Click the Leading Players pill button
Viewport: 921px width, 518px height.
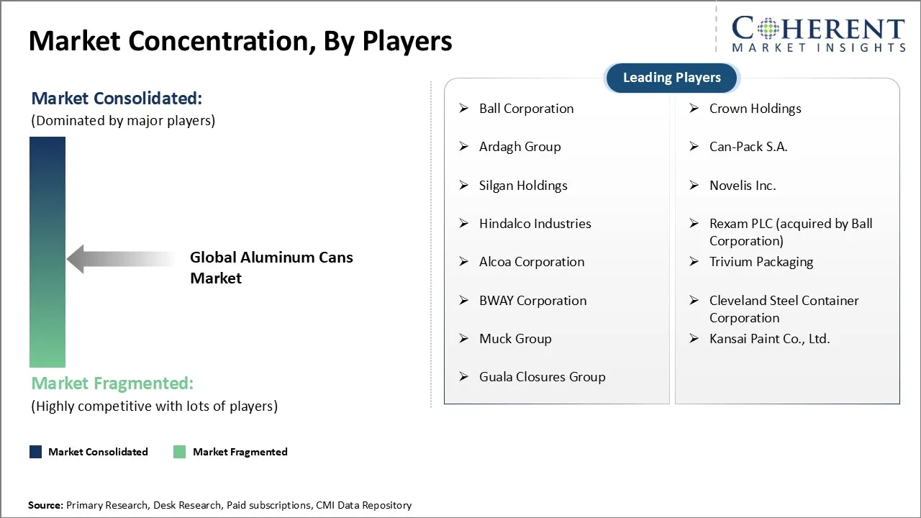tap(671, 78)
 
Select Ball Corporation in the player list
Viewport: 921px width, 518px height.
tap(526, 109)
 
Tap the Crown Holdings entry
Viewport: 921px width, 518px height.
tap(755, 109)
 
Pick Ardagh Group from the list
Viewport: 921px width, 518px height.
tap(520, 147)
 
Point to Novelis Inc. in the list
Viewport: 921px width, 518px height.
tap(743, 186)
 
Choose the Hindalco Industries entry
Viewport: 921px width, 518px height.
tap(535, 224)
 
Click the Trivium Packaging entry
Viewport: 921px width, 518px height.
tap(761, 262)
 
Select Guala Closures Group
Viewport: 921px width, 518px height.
tap(542, 377)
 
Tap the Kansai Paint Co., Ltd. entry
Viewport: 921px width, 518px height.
tap(769, 339)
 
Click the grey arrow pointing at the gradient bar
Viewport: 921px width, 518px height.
tap(119, 259)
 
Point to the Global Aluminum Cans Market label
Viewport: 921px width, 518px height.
tap(271, 268)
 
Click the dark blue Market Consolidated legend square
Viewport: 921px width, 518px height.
tap(35, 452)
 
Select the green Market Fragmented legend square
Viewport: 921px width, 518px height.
tap(180, 452)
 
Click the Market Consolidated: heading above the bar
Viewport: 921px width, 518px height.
tap(117, 99)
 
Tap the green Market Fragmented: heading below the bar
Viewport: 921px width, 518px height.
tap(112, 383)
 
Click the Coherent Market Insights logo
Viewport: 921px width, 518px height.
tap(818, 34)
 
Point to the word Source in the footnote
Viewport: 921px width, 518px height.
tap(45, 505)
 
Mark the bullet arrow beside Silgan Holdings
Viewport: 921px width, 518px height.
tap(464, 186)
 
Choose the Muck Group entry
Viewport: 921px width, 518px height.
tap(515, 339)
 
